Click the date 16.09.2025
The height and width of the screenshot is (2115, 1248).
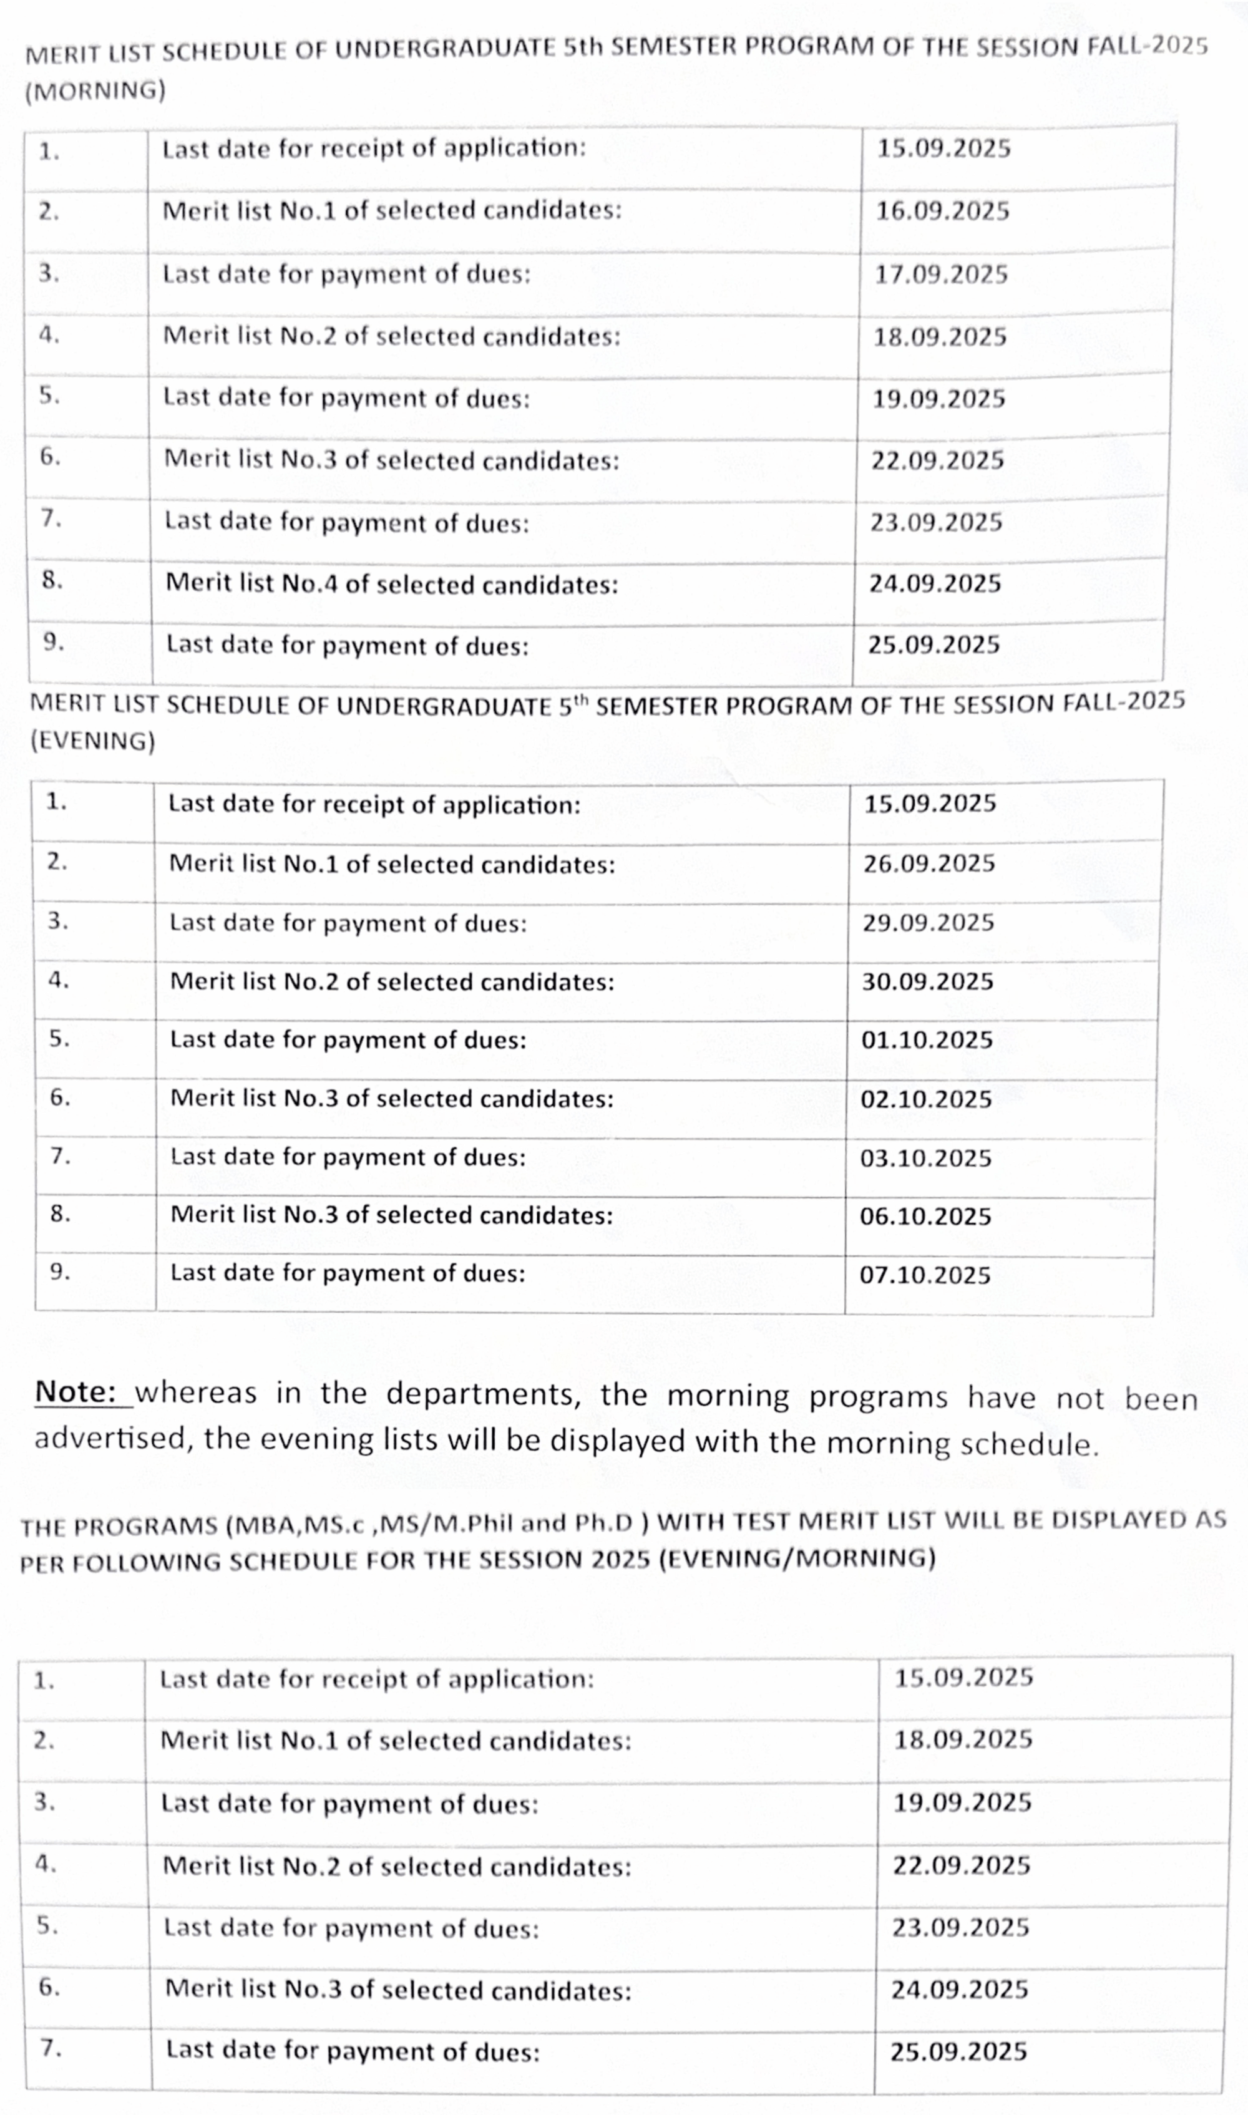[x=942, y=211]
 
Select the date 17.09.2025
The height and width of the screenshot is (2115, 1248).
[x=940, y=274]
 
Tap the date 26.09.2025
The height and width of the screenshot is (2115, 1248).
[x=929, y=863]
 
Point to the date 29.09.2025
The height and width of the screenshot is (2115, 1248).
[x=928, y=922]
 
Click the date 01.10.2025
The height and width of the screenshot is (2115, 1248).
[x=926, y=1040]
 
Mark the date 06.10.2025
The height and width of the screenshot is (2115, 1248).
[x=925, y=1217]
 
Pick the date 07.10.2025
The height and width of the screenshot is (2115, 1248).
[x=924, y=1275]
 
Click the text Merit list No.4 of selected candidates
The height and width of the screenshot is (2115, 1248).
[x=391, y=583]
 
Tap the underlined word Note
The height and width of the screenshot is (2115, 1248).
[x=75, y=1392]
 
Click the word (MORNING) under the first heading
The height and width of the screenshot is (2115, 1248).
[x=95, y=90]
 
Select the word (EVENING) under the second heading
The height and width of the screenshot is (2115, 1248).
[x=92, y=741]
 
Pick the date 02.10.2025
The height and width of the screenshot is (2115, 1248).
[x=926, y=1099]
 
